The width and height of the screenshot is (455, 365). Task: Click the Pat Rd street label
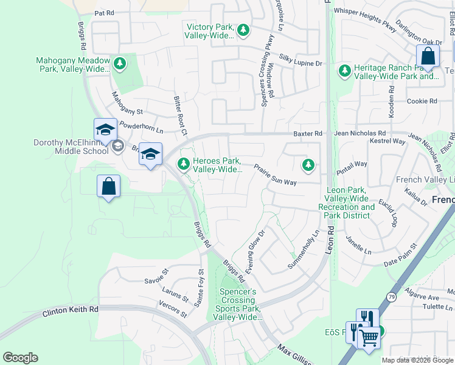104,12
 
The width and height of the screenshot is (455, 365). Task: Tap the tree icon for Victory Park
243,30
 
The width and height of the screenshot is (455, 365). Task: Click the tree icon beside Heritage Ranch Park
345,71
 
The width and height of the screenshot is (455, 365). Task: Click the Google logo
20,358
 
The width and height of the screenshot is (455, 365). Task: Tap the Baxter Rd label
309,133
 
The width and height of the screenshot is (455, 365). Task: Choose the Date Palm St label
400,255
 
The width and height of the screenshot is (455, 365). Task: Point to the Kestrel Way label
387,141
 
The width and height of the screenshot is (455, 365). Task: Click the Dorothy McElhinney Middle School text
71,147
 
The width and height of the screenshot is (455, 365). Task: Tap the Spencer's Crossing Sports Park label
238,304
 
